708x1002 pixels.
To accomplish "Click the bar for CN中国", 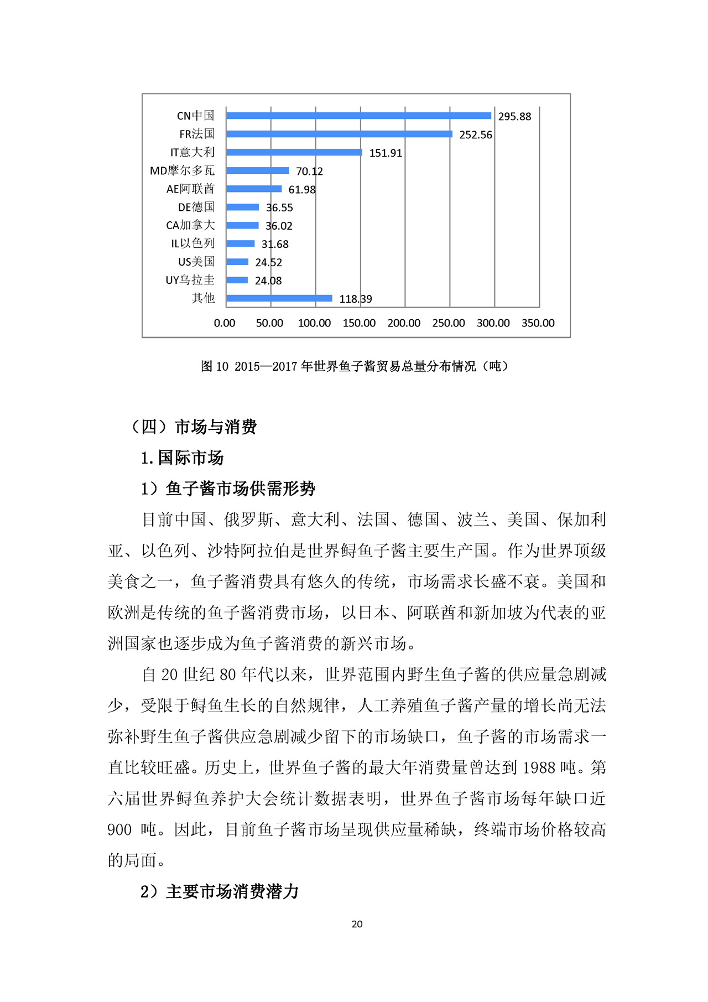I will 358,116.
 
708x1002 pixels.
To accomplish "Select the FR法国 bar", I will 339,134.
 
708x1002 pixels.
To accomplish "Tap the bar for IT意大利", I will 294,152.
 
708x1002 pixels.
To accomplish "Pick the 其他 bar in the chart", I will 279,298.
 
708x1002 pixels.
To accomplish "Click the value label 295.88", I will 514,116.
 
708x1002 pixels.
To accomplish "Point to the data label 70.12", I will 309,172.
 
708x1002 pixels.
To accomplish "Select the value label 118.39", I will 356,299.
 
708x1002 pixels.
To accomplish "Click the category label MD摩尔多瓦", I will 182,171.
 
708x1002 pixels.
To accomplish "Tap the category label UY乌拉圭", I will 190,280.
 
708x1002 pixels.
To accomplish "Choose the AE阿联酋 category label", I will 190,189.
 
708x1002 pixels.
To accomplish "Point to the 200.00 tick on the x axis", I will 404,323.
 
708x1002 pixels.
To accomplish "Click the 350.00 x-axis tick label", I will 538,323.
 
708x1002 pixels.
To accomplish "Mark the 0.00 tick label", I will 225,323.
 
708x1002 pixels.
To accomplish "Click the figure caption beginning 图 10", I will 355,366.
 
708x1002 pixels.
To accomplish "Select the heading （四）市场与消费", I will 194,427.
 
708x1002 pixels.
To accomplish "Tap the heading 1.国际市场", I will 182,458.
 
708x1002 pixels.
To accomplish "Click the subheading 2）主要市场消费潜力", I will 220,891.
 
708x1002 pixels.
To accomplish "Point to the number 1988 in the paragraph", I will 538,767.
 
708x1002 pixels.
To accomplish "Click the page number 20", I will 357,924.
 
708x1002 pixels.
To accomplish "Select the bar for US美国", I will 237,262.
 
